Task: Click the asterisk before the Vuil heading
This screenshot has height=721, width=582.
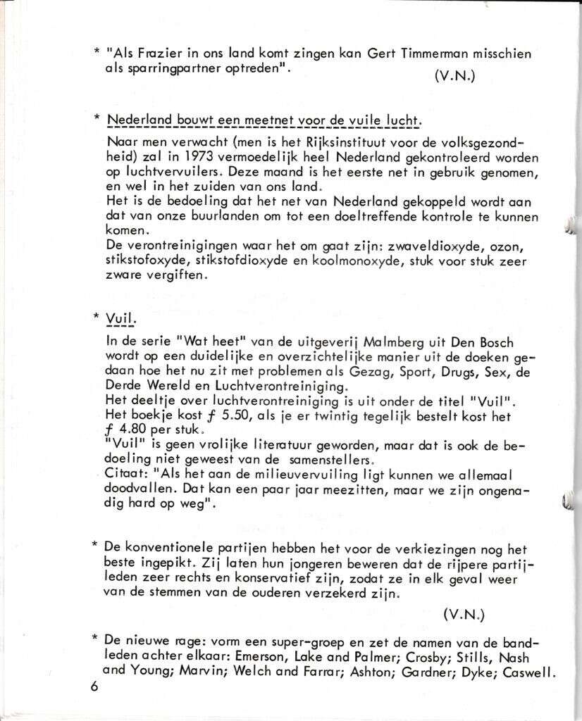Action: (x=97, y=317)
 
